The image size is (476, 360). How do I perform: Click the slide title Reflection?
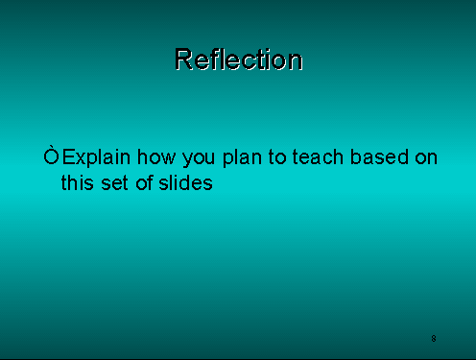pyautogui.click(x=238, y=60)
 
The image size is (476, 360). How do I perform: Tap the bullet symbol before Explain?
pyautogui.click(x=52, y=156)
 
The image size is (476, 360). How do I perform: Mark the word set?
pyautogui.click(x=113, y=182)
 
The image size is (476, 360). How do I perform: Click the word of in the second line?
pyautogui.click(x=144, y=182)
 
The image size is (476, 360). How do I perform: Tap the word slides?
pyautogui.click(x=185, y=182)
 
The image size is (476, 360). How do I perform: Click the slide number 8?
pyautogui.click(x=434, y=339)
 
